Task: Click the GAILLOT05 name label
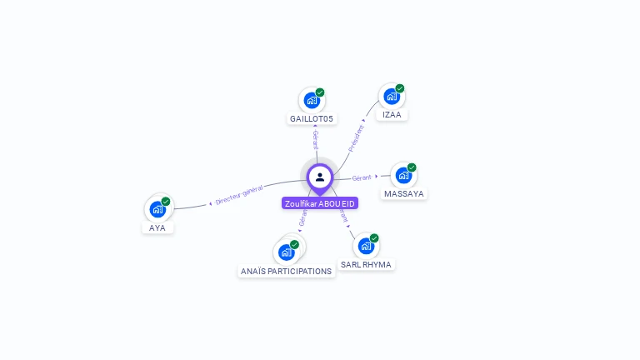[x=312, y=119]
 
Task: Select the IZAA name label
[x=392, y=114]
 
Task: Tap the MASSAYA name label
[x=404, y=194]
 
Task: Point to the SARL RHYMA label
[x=366, y=264]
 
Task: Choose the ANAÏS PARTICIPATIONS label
[x=286, y=271]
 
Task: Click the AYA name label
[x=157, y=227]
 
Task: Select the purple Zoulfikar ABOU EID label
[x=320, y=203]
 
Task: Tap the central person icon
[x=320, y=177]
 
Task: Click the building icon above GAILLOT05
[x=312, y=100]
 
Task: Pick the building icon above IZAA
[x=392, y=96]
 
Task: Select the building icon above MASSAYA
[x=403, y=175]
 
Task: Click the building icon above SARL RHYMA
[x=366, y=246]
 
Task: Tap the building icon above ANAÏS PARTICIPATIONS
[x=287, y=251]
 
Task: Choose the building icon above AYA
[x=157, y=209]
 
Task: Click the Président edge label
[x=357, y=137]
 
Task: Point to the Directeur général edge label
[x=239, y=195]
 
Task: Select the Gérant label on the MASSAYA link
[x=362, y=177]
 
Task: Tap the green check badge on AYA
[x=166, y=202]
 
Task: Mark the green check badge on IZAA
[x=400, y=88]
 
